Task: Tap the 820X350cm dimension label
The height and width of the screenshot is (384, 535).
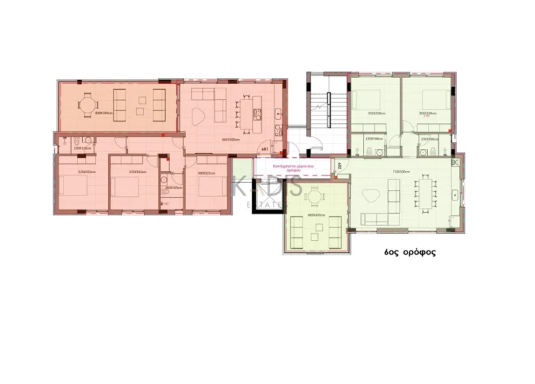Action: point(104,113)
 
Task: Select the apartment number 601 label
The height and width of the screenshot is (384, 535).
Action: point(265,149)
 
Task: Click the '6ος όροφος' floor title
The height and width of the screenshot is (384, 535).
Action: point(410,253)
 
